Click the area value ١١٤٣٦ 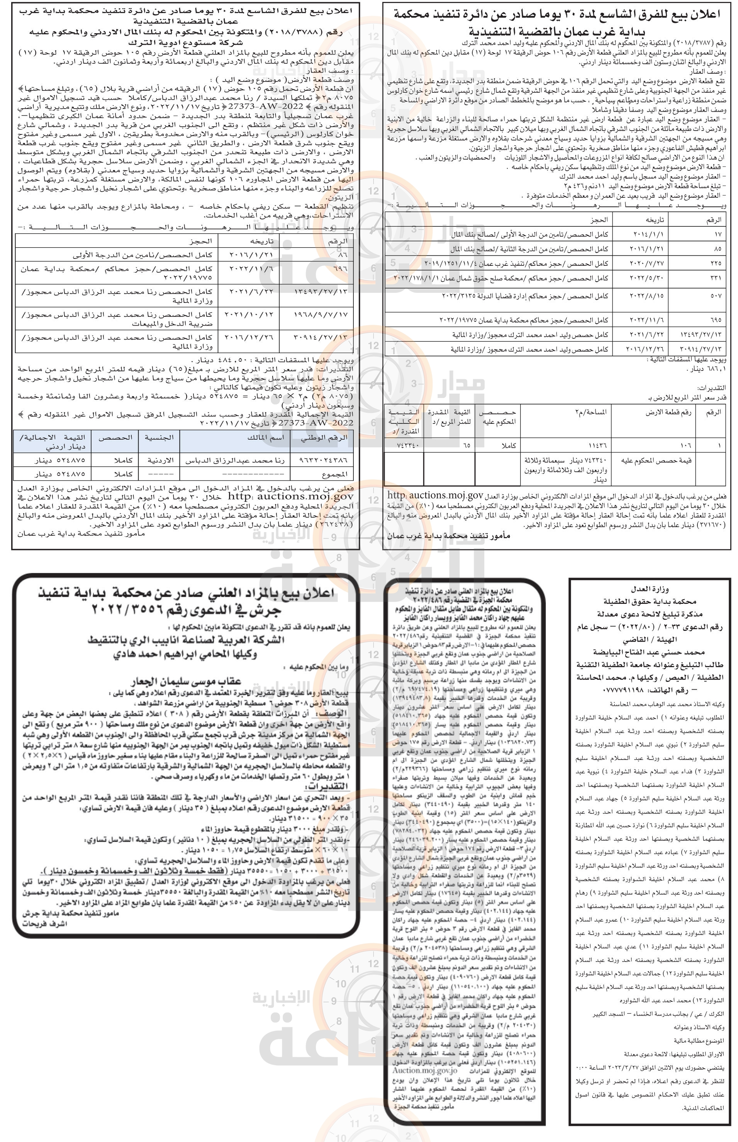click(581, 445)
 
